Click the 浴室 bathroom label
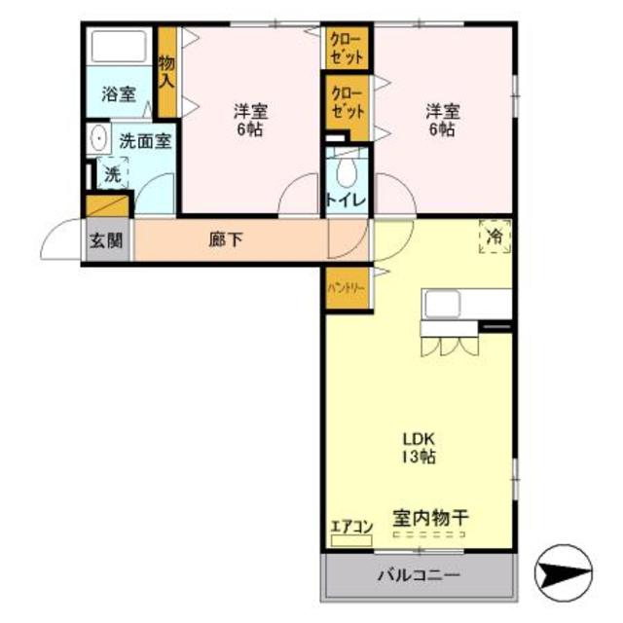pyautogui.click(x=120, y=95)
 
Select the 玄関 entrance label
pyautogui.click(x=106, y=241)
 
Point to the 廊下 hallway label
pyautogui.click(x=226, y=239)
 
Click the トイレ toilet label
pyautogui.click(x=347, y=202)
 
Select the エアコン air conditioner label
pyautogui.click(x=351, y=529)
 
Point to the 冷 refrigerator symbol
pyautogui.click(x=495, y=237)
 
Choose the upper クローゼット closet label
pyautogui.click(x=348, y=48)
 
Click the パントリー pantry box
pyautogui.click(x=348, y=289)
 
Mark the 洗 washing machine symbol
pyautogui.click(x=113, y=176)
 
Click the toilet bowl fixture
pyautogui.click(x=347, y=171)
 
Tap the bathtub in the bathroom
pyautogui.click(x=120, y=46)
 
